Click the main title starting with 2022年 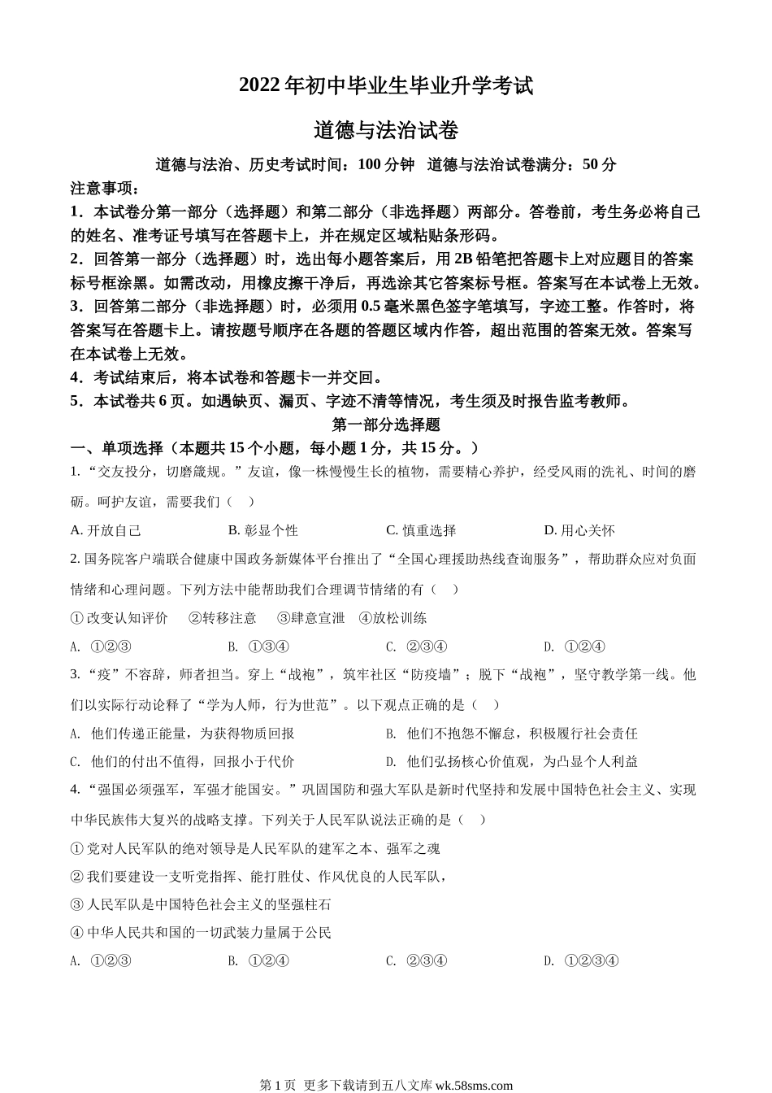(x=386, y=86)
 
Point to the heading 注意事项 (x=105, y=189)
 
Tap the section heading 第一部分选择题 (x=386, y=425)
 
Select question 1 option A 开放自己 (x=106, y=530)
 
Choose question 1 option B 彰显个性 (x=263, y=530)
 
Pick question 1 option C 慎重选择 (x=421, y=530)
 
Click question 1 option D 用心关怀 (x=579, y=530)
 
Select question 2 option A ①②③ (x=102, y=647)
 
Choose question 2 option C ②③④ (x=417, y=647)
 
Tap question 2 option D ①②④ (x=575, y=647)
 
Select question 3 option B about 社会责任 (x=512, y=734)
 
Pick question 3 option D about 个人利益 (x=512, y=762)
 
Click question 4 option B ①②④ (x=259, y=960)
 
